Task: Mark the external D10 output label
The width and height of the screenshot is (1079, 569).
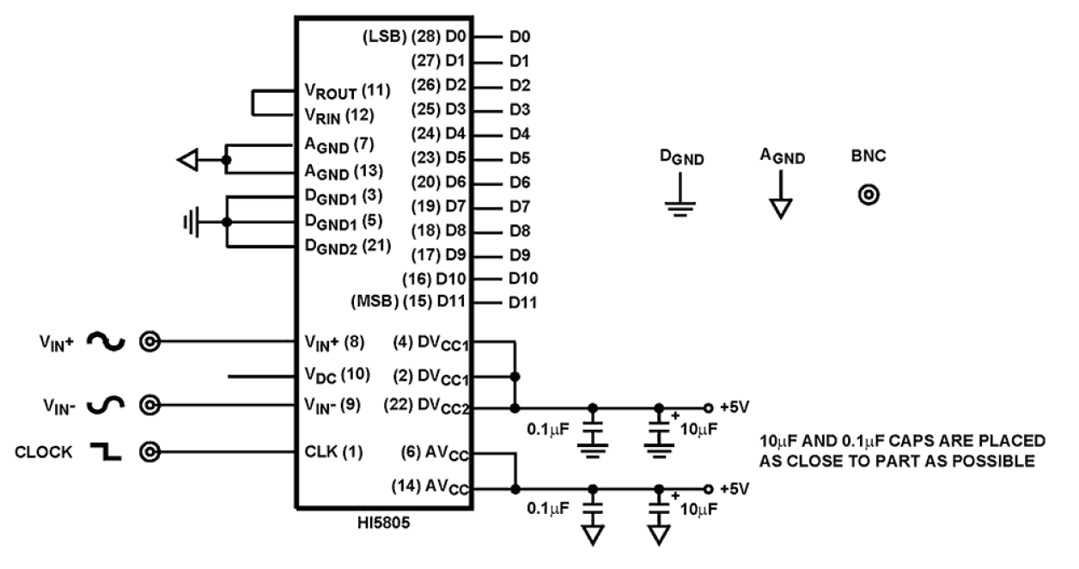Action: (x=522, y=278)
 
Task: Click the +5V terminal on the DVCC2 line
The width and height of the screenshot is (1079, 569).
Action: (x=708, y=407)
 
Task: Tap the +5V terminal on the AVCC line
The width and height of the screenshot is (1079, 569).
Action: (x=708, y=488)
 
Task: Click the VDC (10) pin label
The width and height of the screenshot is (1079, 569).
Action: (x=335, y=376)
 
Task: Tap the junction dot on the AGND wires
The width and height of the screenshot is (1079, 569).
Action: (x=227, y=160)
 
